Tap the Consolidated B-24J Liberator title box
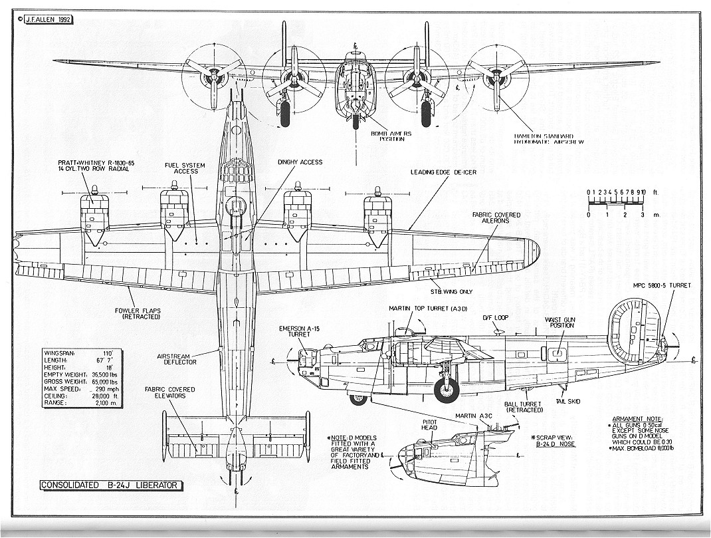pos(110,485)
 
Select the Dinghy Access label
pos(300,162)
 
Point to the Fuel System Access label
pos(185,168)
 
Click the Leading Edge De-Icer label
pos(445,171)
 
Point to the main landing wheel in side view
pos(447,390)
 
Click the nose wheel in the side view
pos(359,399)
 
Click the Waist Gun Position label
pos(559,323)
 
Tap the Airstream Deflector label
pos(177,359)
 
